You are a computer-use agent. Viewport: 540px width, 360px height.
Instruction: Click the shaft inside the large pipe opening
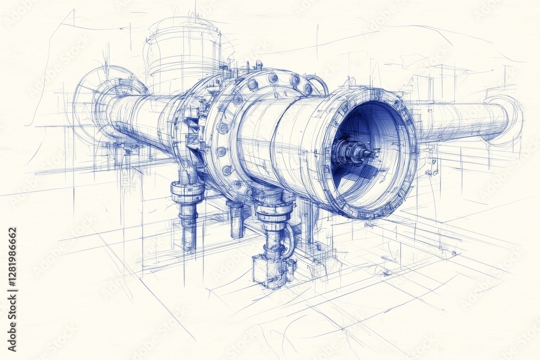[x=354, y=153]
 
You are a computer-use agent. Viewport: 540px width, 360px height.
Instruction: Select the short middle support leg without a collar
[x=236, y=219]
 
